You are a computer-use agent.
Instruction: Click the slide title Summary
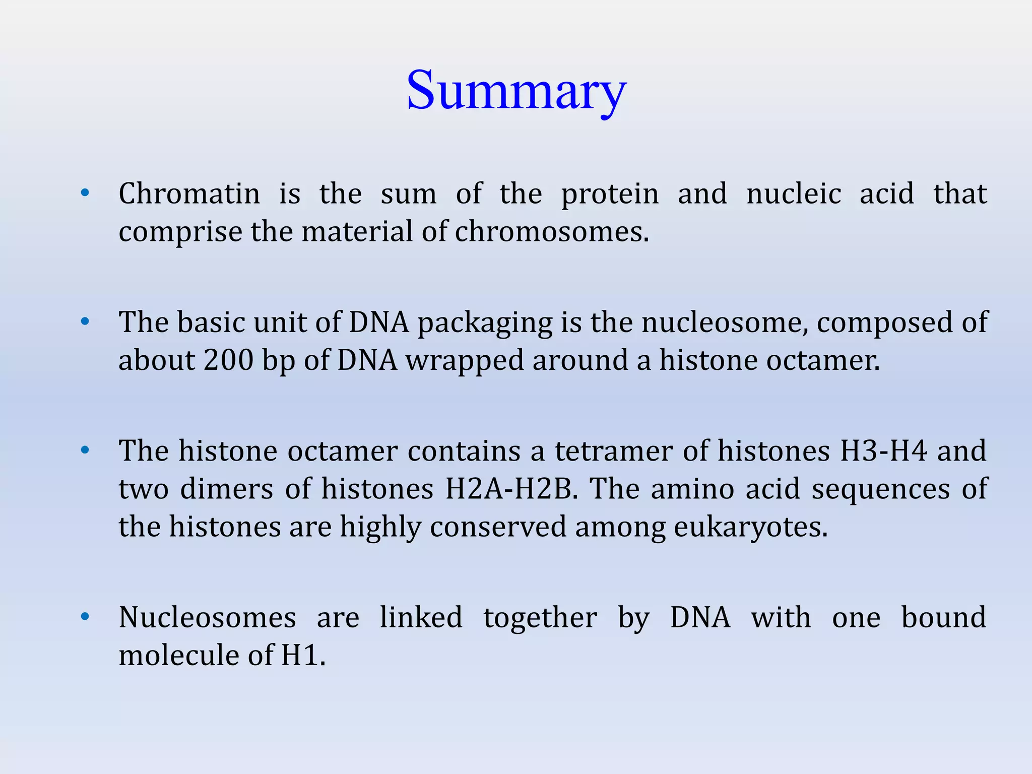(516, 91)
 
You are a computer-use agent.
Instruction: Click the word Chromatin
(189, 193)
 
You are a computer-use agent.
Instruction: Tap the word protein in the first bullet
(610, 195)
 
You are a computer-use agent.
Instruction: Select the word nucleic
(794, 193)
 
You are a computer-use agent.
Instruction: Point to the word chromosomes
(552, 232)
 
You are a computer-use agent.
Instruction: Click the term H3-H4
(883, 450)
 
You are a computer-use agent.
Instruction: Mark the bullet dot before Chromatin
(85, 192)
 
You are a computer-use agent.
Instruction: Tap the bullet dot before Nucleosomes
(85, 616)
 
